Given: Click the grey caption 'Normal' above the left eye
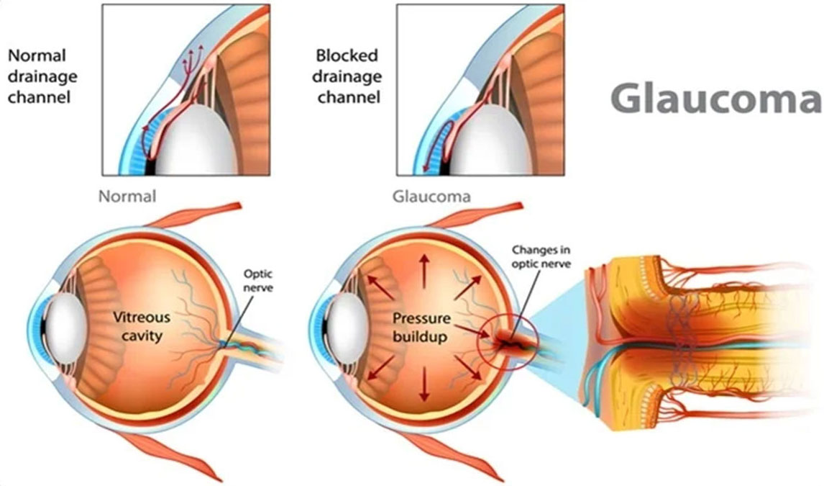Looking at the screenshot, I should point(127,196).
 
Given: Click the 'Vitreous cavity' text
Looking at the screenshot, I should point(141,326).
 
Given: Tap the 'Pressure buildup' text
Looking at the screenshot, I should point(422,326).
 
